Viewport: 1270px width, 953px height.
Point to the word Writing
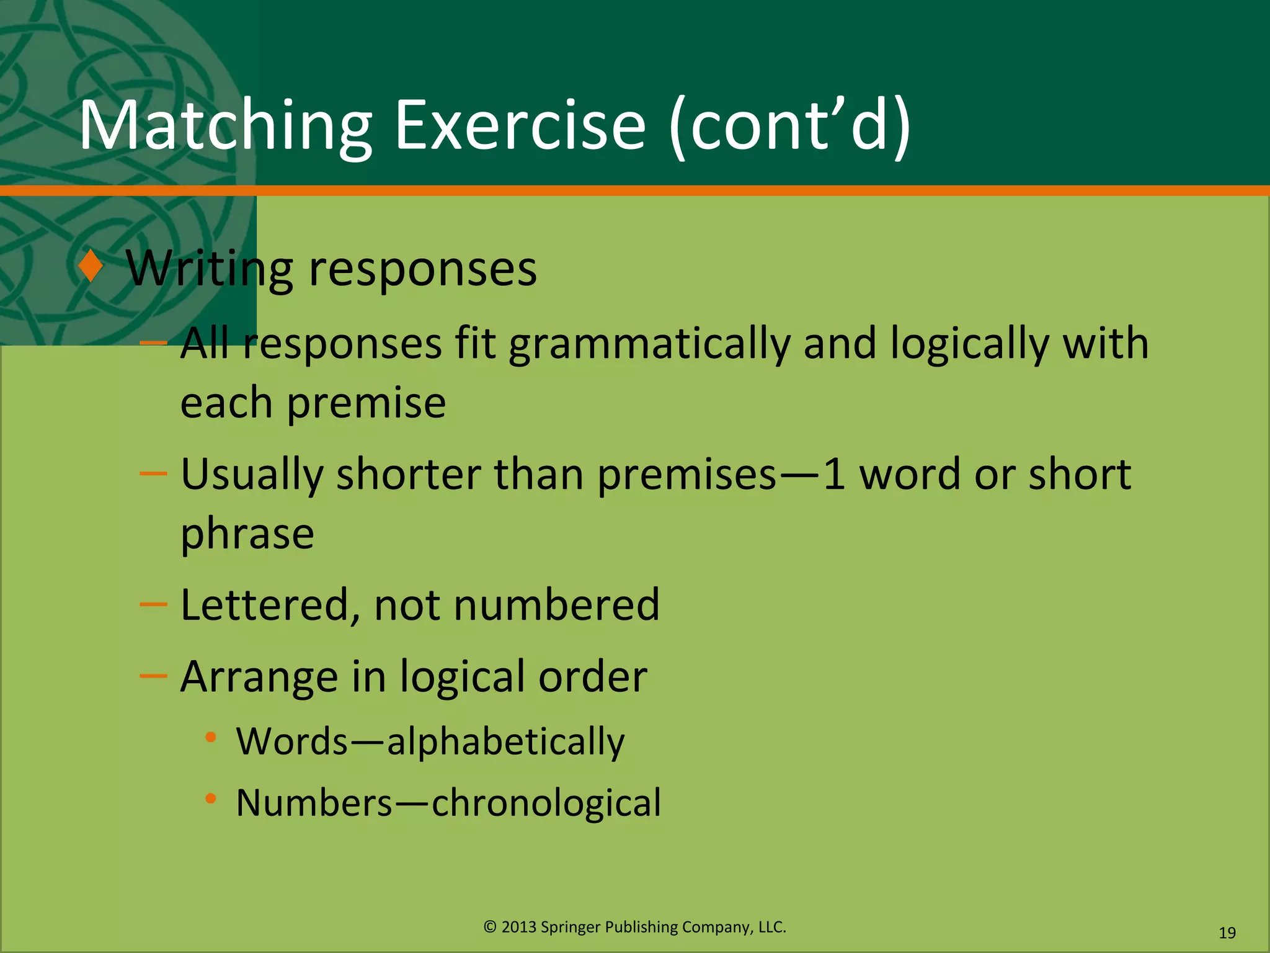tap(209, 271)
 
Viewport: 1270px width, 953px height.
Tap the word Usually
tap(252, 475)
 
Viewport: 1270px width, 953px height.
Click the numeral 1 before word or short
tap(834, 475)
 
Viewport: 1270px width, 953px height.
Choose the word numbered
tap(556, 606)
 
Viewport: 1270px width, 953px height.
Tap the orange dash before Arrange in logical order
tap(153, 676)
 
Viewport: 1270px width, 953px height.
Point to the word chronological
tap(546, 803)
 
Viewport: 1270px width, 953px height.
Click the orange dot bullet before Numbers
tap(211, 799)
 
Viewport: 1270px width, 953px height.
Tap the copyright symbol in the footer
tap(490, 927)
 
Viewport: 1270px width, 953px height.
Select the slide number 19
tap(1227, 933)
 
